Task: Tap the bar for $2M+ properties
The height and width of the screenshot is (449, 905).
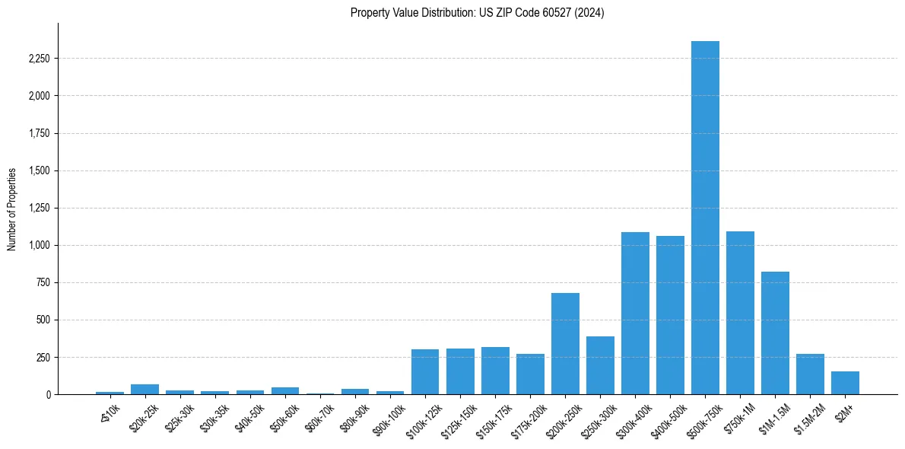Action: [x=845, y=383]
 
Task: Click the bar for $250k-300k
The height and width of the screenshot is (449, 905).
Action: [x=600, y=365]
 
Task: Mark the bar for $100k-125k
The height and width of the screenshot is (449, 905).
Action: [x=425, y=372]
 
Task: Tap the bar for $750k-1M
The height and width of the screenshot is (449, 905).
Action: [x=740, y=313]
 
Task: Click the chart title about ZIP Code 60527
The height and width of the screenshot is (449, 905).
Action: [x=477, y=13]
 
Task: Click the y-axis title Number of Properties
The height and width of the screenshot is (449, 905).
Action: [x=12, y=209]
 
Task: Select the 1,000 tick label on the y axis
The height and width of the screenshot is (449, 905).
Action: [x=38, y=245]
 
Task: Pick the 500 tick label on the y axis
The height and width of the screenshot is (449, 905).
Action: [x=43, y=320]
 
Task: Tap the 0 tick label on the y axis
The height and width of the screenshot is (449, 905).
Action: [x=49, y=394]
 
